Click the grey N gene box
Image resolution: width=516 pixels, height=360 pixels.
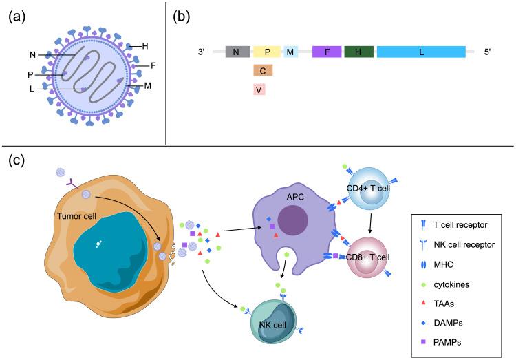click(x=237, y=52)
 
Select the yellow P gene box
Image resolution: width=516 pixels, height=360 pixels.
click(x=266, y=52)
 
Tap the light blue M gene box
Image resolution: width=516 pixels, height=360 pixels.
click(x=290, y=52)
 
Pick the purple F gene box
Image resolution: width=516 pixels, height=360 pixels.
click(x=327, y=52)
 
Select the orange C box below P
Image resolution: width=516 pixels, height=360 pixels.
click(x=264, y=70)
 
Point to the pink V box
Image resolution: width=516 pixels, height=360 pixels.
click(x=259, y=89)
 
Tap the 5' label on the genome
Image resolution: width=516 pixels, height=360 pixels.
click(x=486, y=52)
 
